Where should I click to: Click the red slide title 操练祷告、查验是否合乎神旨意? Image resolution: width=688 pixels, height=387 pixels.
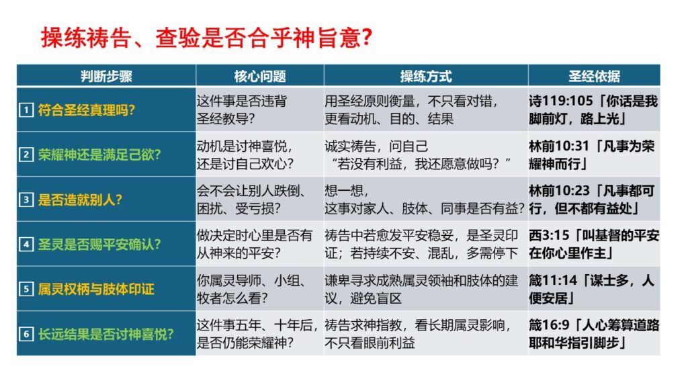207,38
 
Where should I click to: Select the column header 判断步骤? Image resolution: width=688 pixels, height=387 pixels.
106,77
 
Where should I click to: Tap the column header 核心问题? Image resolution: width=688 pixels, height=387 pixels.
260,77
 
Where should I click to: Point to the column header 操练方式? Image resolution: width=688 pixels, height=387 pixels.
425,77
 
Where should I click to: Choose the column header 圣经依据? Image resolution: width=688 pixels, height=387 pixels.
594,77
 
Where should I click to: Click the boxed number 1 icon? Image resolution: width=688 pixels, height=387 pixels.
26,110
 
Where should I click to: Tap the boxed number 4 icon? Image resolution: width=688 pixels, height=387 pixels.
26,244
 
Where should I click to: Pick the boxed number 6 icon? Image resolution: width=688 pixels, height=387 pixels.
26,334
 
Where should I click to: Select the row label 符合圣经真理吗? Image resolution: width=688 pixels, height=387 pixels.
87,110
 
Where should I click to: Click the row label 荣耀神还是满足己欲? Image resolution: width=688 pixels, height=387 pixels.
99,155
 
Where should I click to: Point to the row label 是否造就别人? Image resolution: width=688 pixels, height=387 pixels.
80,200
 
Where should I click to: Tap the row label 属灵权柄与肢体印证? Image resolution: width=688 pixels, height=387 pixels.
96,289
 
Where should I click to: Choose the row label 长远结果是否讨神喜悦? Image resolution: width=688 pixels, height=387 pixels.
105,334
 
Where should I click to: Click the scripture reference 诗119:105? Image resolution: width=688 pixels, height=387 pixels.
561,101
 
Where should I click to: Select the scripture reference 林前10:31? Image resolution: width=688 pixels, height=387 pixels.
559,146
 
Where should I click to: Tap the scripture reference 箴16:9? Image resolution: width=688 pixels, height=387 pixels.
550,325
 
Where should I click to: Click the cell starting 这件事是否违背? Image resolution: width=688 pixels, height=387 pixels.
242,110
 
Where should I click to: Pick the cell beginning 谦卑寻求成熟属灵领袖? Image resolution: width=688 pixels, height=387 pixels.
421,289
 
